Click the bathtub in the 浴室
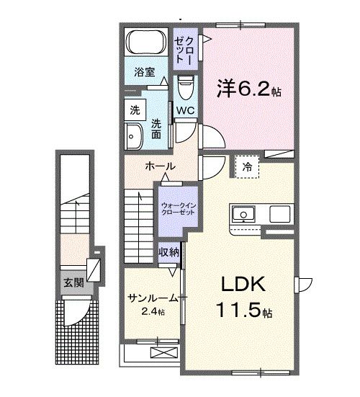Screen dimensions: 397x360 pos(148,44)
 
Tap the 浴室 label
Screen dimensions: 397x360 pos(145,72)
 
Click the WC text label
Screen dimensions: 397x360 pos(185,110)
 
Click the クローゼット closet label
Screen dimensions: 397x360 pos(185,48)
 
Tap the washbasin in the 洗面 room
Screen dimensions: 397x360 pos(134,133)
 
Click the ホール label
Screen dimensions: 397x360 pos(158,166)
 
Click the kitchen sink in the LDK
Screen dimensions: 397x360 pos(243,213)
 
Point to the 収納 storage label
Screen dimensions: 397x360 pos(169,252)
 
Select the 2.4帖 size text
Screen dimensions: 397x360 pos(152,312)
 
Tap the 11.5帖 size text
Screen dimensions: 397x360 pos(242,313)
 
